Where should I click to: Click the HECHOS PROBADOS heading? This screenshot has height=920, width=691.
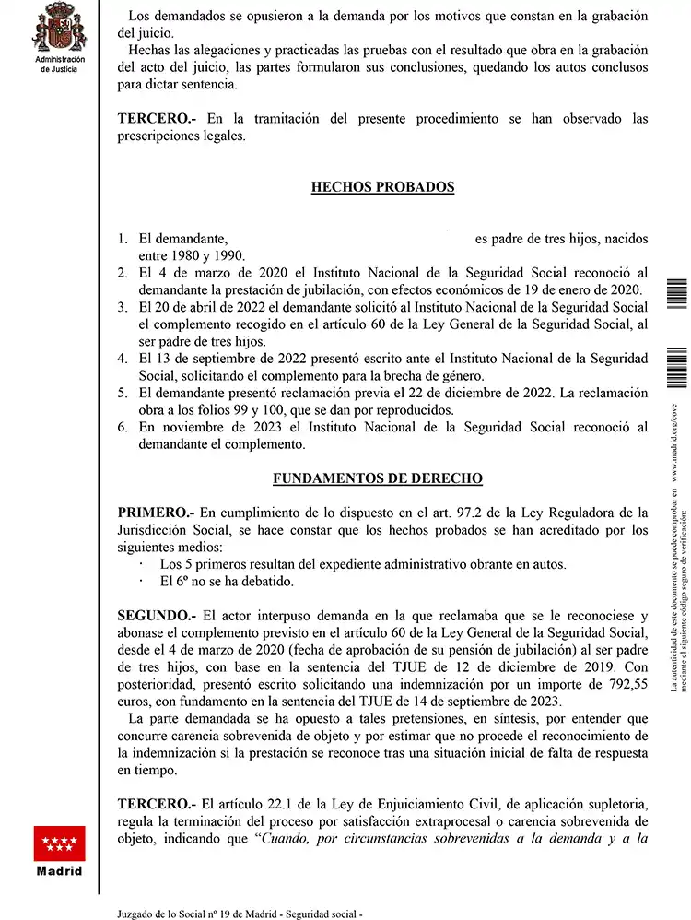(x=382, y=187)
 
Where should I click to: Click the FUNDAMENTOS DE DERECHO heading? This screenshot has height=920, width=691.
(x=378, y=479)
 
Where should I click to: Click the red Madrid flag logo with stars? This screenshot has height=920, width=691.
(x=59, y=843)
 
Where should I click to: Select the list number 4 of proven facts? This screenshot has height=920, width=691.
(x=123, y=359)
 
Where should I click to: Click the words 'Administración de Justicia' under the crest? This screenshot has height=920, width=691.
(x=59, y=64)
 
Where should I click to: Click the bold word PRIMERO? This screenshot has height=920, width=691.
(x=155, y=513)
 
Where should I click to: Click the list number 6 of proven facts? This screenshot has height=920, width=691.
(x=123, y=427)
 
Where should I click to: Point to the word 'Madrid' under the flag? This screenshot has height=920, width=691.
(x=59, y=871)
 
